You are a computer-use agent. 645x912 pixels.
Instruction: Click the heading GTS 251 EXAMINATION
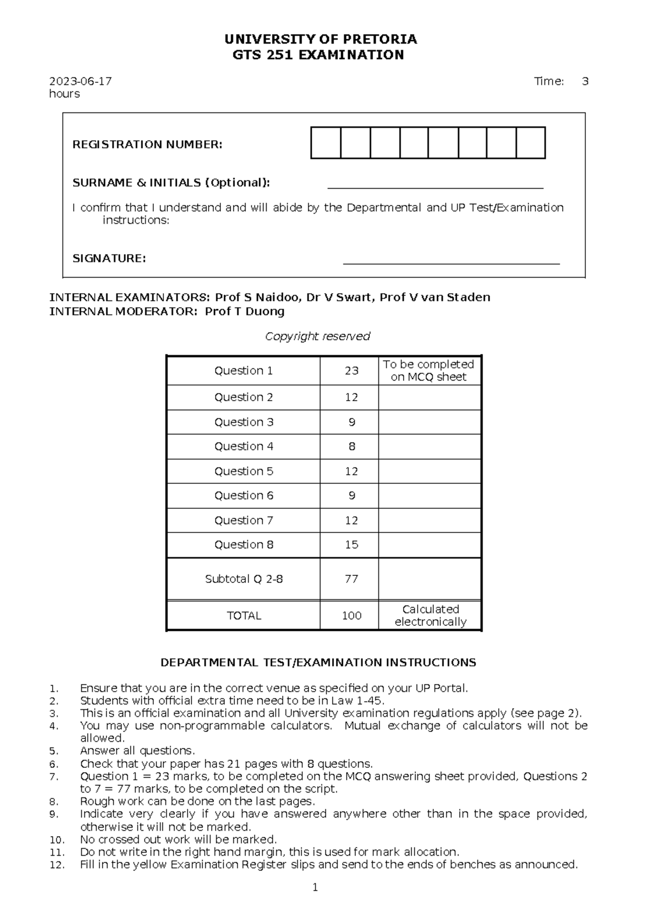click(318, 55)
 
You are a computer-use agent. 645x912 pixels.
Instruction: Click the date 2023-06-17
click(81, 81)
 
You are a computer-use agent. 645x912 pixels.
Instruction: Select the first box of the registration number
click(326, 143)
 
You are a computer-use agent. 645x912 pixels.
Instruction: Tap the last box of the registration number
click(531, 143)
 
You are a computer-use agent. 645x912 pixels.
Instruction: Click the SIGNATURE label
click(109, 259)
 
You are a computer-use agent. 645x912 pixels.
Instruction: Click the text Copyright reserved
click(318, 337)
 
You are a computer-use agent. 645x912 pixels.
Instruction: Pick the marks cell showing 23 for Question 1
click(352, 370)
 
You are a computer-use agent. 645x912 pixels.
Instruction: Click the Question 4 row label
click(243, 446)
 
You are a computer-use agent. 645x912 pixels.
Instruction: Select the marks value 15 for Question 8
click(352, 545)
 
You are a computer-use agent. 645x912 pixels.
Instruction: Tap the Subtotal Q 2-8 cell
click(243, 579)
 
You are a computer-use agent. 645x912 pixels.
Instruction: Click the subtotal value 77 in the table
click(352, 579)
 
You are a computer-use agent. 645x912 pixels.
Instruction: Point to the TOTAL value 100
click(352, 616)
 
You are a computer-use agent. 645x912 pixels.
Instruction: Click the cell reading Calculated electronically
click(430, 616)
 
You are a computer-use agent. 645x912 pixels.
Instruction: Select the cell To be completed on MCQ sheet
click(428, 370)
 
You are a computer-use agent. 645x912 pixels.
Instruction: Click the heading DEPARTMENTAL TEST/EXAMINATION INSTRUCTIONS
click(318, 662)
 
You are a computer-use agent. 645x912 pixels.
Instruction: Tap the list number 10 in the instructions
click(56, 840)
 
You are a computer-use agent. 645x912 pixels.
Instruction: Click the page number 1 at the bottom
click(316, 888)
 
